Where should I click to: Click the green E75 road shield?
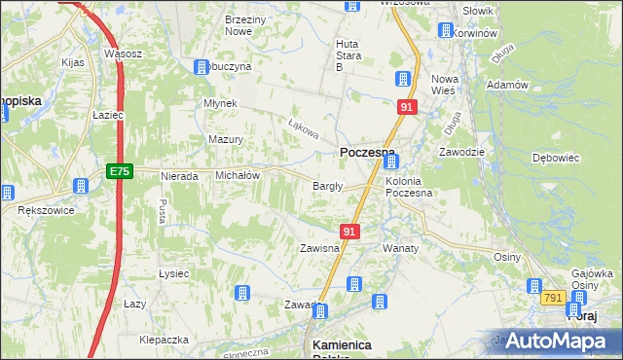pyautogui.click(x=119, y=172)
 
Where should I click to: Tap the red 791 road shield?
pyautogui.click(x=555, y=297)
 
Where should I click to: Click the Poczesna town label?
pyautogui.click(x=366, y=153)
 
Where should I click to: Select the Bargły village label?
pyautogui.click(x=326, y=186)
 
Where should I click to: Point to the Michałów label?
pyautogui.click(x=237, y=175)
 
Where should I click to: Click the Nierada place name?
pyautogui.click(x=180, y=176)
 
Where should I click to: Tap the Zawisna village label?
pyautogui.click(x=319, y=248)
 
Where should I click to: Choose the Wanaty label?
pyautogui.click(x=400, y=248)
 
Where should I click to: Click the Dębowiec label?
pyautogui.click(x=557, y=157)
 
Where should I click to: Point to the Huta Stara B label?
pyautogui.click(x=347, y=55)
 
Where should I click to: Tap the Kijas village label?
pyautogui.click(x=75, y=61)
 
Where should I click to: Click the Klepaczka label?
pyautogui.click(x=163, y=340)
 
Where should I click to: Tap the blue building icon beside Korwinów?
pyautogui.click(x=447, y=31)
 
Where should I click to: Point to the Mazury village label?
pyautogui.click(x=225, y=139)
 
